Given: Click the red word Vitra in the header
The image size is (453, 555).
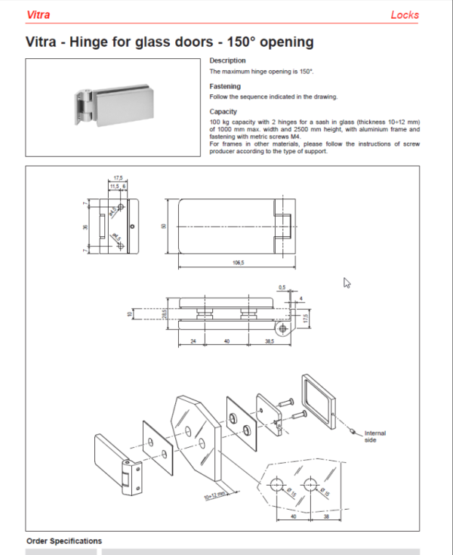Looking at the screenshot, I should coord(39,15).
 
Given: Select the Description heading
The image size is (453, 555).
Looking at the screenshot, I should coord(227,60).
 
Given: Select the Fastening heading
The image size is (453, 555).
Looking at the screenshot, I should coord(225,87).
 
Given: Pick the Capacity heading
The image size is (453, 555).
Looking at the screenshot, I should coord(223,112).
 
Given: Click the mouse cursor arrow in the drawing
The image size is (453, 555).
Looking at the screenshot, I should coord(347,282).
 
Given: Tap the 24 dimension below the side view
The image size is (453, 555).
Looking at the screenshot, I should coord(193,341).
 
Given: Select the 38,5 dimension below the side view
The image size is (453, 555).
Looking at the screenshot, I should coord(270,341).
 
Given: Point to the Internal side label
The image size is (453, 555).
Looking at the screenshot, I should coord(374,436).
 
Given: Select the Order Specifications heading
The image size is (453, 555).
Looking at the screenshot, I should coord(63,541).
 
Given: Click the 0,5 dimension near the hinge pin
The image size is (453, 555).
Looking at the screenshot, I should coord(282,288).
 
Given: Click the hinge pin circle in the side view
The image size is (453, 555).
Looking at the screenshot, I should coord(282,329).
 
